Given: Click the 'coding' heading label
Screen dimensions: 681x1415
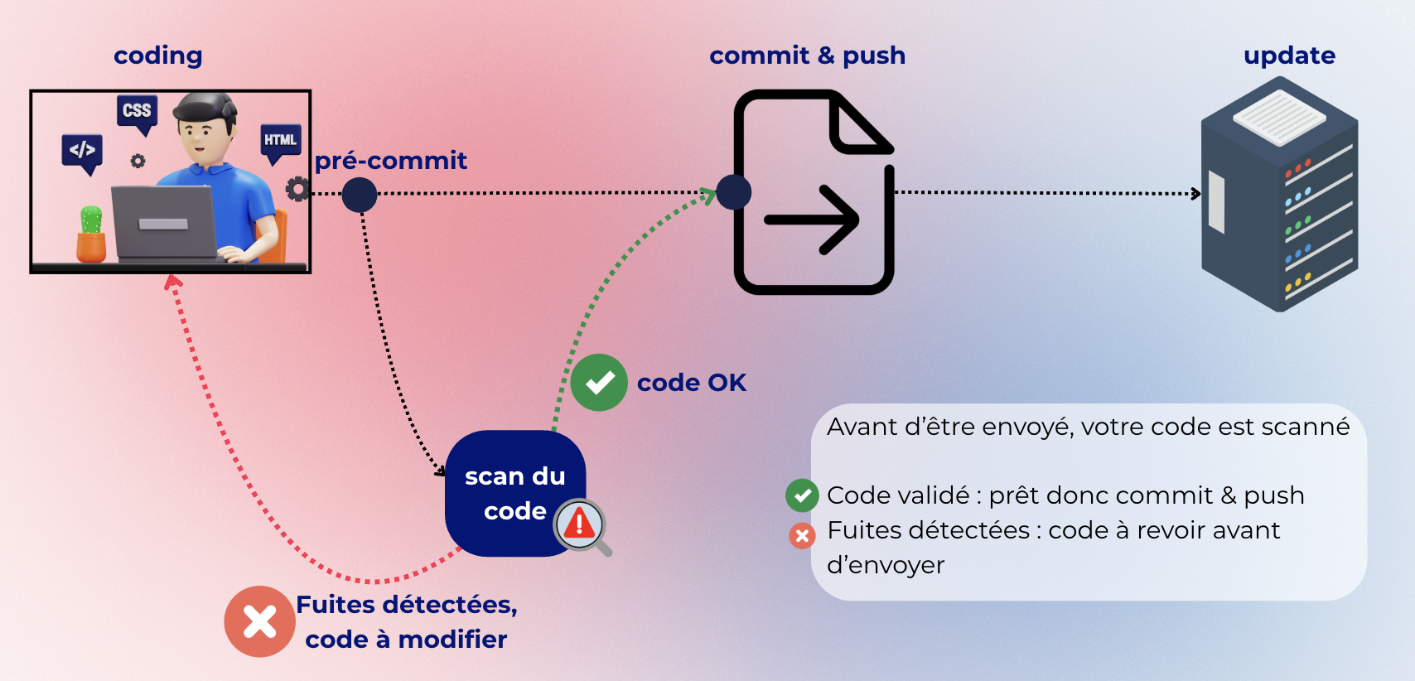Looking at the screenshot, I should [157, 56].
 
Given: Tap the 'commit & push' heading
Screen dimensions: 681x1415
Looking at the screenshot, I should [807, 56].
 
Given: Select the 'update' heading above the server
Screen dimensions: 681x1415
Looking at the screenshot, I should [1289, 56].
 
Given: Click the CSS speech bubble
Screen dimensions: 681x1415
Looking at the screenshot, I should [138, 112].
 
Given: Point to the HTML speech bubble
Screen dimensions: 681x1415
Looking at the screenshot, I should [280, 141].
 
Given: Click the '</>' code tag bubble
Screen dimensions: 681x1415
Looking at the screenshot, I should [82, 151].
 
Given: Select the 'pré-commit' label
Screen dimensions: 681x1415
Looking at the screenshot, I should [391, 161].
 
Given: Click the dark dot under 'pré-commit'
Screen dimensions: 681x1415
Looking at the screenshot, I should [360, 196].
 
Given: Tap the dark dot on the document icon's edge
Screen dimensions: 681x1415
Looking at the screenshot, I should [733, 192].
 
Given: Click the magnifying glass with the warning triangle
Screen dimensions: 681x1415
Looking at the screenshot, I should [581, 525].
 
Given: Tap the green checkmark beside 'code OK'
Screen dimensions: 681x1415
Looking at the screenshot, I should [599, 383].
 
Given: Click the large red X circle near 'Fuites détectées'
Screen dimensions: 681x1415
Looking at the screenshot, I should [259, 621].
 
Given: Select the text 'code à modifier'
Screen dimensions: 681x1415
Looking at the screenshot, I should [406, 640].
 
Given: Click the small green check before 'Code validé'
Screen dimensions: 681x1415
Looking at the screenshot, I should [802, 495].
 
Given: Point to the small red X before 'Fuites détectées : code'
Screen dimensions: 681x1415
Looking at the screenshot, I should [802, 536].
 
